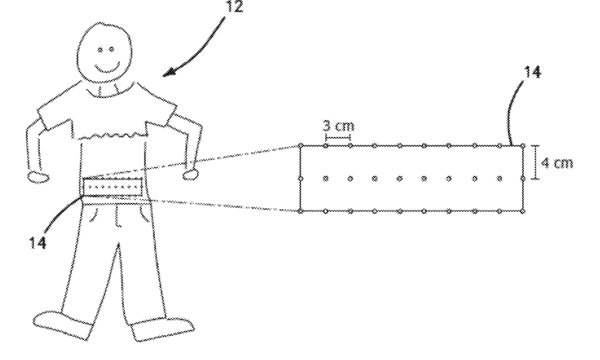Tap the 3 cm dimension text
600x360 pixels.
pos(338,126)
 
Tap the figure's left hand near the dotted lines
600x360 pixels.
pos(192,174)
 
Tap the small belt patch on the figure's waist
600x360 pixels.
pos(113,188)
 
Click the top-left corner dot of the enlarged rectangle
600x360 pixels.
pos(300,145)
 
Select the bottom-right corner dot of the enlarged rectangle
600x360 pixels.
pos(523,212)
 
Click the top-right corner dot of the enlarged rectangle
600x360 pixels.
pos(523,145)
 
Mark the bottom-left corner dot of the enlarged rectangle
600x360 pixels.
pos(300,211)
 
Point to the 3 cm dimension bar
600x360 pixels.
pos(338,138)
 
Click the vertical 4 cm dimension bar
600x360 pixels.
pos(536,163)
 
